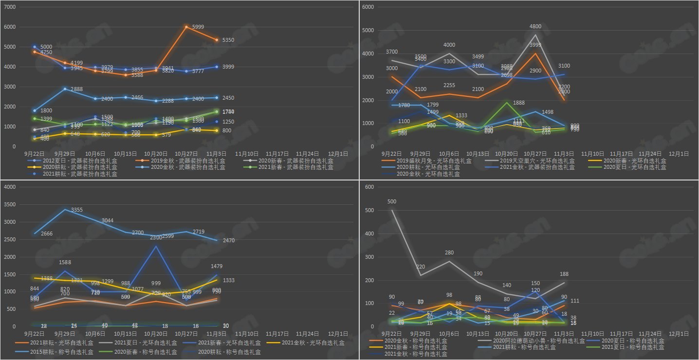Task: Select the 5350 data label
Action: pos(228,40)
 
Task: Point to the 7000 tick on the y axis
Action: pos(10,7)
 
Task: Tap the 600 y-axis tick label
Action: pos(369,187)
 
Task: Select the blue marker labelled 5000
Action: pos(34,47)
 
